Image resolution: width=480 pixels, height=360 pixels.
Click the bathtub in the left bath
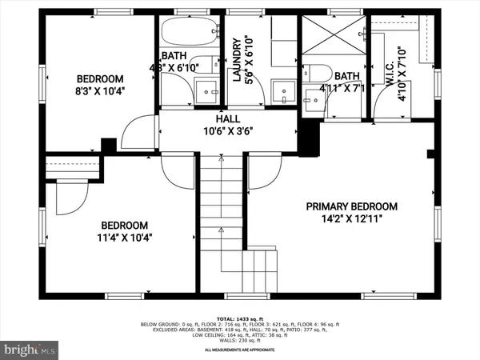pyautogui.click(x=186, y=34)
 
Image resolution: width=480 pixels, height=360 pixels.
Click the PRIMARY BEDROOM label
pyautogui.click(x=351, y=206)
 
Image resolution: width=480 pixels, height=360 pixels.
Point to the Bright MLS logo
pyautogui.click(x=30, y=349)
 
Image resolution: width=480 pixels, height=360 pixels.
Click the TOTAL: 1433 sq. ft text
pyautogui.click(x=239, y=318)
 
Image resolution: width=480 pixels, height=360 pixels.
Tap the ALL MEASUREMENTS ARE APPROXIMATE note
pyautogui.click(x=239, y=350)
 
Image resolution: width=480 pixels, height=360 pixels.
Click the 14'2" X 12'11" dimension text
pyautogui.click(x=351, y=218)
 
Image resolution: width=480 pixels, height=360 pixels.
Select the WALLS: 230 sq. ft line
pyautogui.click(x=239, y=342)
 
